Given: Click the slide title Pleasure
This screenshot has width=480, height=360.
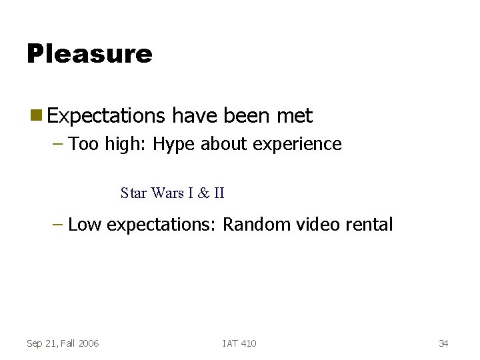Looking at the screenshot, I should click(x=89, y=53).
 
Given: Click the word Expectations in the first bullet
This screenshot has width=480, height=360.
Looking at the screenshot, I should click(x=106, y=117).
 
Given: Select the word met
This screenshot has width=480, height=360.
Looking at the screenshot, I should click(x=294, y=116).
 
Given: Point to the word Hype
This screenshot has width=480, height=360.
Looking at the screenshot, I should click(x=174, y=145).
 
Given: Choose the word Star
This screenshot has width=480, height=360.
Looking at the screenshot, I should click(x=134, y=193).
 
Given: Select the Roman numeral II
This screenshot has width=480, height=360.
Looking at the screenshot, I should click(x=218, y=193).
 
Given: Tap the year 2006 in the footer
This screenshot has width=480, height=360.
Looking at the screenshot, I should click(x=88, y=343).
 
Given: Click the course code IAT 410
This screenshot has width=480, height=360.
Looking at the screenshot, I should click(x=239, y=343).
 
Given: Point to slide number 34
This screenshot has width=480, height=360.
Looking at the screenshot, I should click(x=443, y=343).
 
